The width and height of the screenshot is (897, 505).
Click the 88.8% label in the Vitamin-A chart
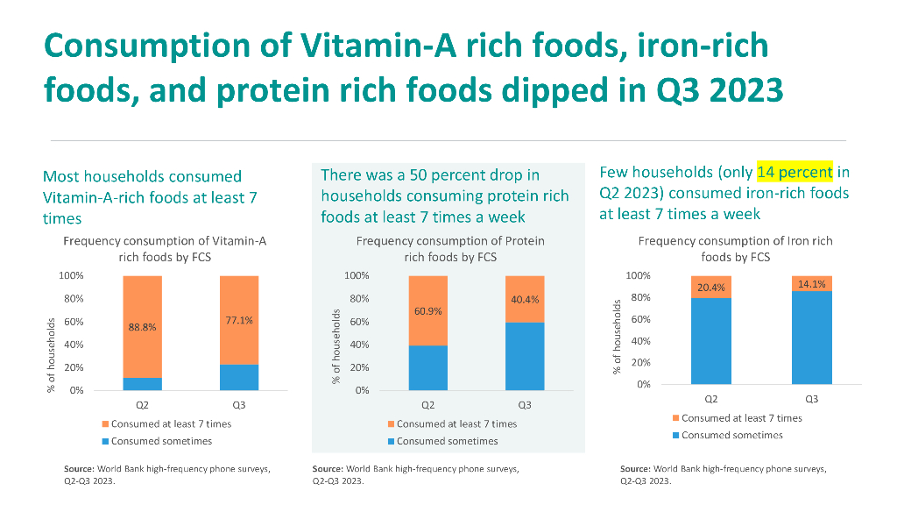click(x=142, y=327)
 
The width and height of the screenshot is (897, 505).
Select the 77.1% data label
click(x=239, y=321)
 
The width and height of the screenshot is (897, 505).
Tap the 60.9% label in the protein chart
click(x=427, y=310)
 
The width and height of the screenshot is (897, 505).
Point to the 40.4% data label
click(x=525, y=300)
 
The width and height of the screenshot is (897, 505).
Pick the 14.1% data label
click(x=812, y=283)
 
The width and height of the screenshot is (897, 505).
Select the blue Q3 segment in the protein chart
click(x=525, y=356)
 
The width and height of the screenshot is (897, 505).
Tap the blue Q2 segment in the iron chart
click(x=711, y=341)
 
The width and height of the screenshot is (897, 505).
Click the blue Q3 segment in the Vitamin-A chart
click(x=239, y=377)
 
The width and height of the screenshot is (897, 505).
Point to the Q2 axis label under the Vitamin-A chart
click(x=142, y=406)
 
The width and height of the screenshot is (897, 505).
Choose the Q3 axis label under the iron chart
click(x=812, y=400)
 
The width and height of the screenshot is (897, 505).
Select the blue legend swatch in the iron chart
click(x=675, y=435)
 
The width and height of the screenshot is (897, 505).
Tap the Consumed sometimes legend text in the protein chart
click(x=447, y=441)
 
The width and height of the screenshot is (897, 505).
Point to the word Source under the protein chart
click(x=328, y=469)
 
